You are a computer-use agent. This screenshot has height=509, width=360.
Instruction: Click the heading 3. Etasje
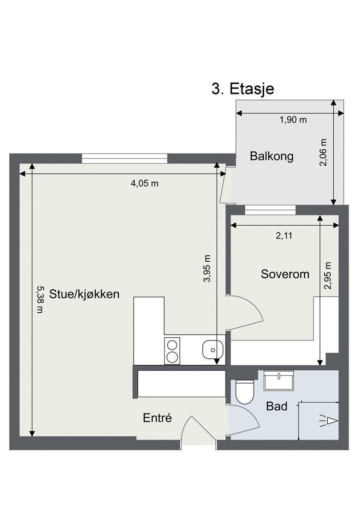[x=243, y=89]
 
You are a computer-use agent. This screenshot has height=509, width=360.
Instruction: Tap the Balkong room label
[x=271, y=157]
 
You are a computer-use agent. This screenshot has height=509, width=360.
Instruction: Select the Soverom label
[x=285, y=274]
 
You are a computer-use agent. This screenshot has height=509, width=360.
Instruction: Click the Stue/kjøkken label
[x=84, y=294]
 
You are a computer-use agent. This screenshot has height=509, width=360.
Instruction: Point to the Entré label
[x=157, y=418]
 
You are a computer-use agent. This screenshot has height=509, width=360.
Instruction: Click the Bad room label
[x=277, y=406]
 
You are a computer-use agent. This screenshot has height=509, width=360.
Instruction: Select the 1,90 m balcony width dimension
[x=293, y=120]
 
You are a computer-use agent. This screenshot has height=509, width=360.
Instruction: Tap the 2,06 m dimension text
[x=324, y=152]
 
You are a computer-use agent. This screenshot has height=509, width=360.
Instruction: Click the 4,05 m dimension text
[x=145, y=183]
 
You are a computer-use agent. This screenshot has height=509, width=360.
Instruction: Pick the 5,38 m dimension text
[x=40, y=299]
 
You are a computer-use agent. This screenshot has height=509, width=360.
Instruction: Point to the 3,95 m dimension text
[x=207, y=269]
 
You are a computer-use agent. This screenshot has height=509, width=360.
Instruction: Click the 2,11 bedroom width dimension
[x=284, y=236]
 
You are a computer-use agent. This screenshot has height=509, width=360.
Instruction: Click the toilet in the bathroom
[x=244, y=391]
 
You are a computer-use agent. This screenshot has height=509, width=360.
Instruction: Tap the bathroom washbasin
[x=279, y=380]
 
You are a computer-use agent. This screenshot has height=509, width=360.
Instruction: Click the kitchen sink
[x=213, y=350]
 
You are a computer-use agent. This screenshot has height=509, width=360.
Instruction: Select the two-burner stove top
[x=172, y=351]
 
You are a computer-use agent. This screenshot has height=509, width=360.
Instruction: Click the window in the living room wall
[x=124, y=158]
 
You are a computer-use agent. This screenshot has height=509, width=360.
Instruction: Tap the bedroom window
[x=270, y=210]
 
